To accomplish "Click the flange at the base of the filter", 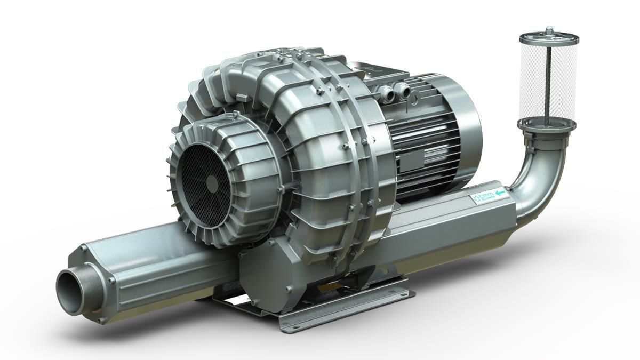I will (546, 125).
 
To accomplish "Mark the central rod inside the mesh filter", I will (549, 80).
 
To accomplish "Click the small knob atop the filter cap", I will (549, 28).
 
